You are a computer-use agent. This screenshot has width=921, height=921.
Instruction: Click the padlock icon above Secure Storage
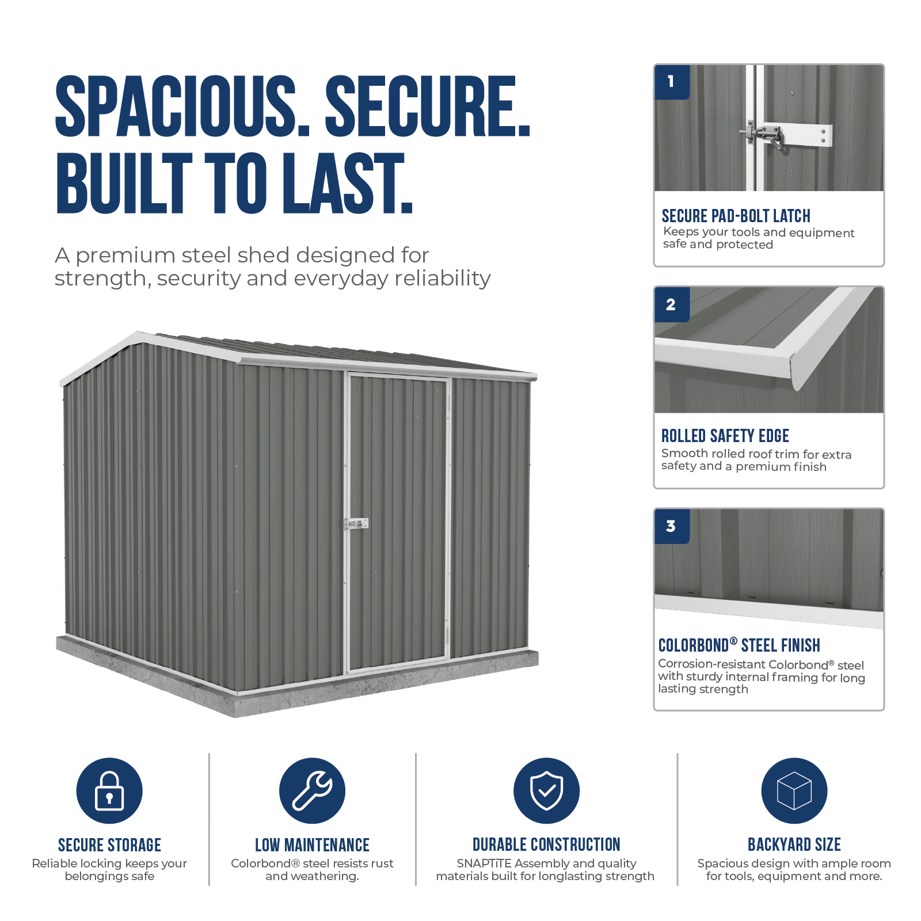[x=109, y=790]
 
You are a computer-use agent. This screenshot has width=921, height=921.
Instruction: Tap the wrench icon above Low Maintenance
[x=312, y=790]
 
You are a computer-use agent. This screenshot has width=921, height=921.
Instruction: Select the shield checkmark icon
[x=546, y=790]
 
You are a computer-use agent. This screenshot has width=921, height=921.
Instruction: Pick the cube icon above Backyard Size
[x=794, y=790]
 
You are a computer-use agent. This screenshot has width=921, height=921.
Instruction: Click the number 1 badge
[x=672, y=82]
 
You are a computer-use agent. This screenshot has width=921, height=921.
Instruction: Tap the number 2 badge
[x=672, y=305]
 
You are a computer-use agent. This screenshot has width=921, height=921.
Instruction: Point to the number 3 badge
[x=672, y=526]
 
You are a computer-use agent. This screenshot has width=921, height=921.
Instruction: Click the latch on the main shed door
[x=356, y=524]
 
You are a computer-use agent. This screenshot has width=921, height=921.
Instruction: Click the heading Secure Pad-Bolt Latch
[x=736, y=216]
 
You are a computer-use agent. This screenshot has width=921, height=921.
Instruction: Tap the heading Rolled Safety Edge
[x=725, y=436]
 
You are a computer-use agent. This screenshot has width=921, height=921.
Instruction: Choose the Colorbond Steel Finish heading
[x=739, y=645]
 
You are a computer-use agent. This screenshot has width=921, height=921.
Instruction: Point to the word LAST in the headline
[x=347, y=183]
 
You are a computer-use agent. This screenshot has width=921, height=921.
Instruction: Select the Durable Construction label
[x=546, y=844]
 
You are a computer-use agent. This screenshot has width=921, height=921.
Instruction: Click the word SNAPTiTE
[x=484, y=863]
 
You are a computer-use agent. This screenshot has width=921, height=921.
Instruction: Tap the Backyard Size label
[x=794, y=844]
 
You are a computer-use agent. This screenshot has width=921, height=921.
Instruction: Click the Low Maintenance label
[x=312, y=844]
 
